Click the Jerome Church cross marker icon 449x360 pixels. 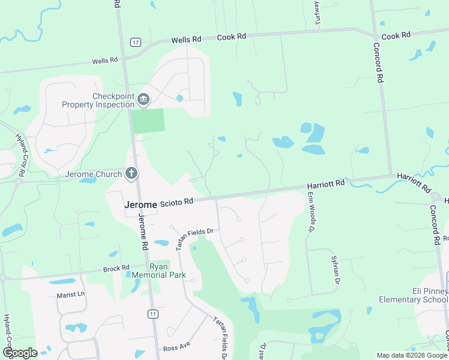pos(131,174)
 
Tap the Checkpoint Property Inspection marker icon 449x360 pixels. pos(143,99)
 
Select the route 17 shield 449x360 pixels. pos(136,42)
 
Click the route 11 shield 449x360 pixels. pos(154,314)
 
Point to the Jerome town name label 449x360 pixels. pos(140,204)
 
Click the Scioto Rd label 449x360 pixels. pos(178,203)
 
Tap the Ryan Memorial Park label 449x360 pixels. pos(159,271)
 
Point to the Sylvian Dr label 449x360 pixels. pos(336,269)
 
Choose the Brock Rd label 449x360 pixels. pos(116,268)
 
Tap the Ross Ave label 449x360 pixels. pos(176,348)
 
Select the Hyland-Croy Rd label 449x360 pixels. pos(20,155)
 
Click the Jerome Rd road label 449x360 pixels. pos(143,232)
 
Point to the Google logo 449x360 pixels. pos(19,353)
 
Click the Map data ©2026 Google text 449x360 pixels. pos(411,355)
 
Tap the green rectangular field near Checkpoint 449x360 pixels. pos(148,121)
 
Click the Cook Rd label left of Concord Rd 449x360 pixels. pos(232,37)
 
